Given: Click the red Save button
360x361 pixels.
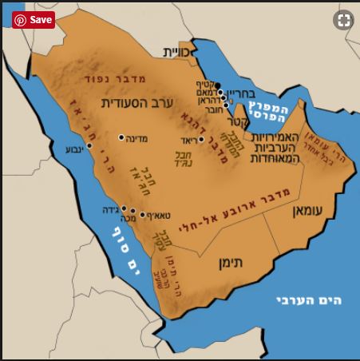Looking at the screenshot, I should point(34,20).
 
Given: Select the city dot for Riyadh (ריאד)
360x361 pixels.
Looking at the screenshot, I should point(200,139).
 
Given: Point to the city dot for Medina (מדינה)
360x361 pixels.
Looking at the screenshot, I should point(121,137).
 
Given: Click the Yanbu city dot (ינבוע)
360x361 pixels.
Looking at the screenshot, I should point(90,146).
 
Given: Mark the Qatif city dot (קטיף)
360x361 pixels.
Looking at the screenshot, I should point(216,85).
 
